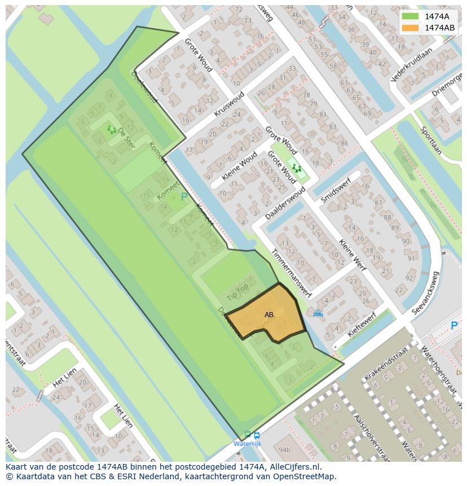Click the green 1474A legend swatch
[x=410, y=16]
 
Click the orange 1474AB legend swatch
[x=410, y=28]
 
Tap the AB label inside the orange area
[x=269, y=315]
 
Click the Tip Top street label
[x=237, y=292]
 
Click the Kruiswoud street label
[x=229, y=104]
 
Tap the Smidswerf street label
[x=336, y=190]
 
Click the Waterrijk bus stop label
[x=248, y=444]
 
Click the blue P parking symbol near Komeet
[x=184, y=197]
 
